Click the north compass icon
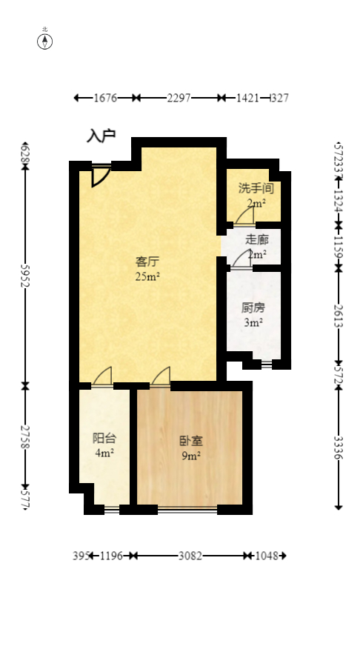[45, 41]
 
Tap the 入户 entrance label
[101, 136]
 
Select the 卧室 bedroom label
[191, 441]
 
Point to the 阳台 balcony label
[103, 438]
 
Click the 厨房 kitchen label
[253, 307]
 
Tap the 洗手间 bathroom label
[256, 189]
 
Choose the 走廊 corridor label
[256, 239]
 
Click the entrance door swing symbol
[100, 176]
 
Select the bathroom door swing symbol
[244, 216]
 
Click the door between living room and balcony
[103, 377]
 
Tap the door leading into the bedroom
[161, 377]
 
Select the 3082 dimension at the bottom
[191, 556]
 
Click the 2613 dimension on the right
[338, 314]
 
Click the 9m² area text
[191, 456]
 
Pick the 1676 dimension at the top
[106, 98]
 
